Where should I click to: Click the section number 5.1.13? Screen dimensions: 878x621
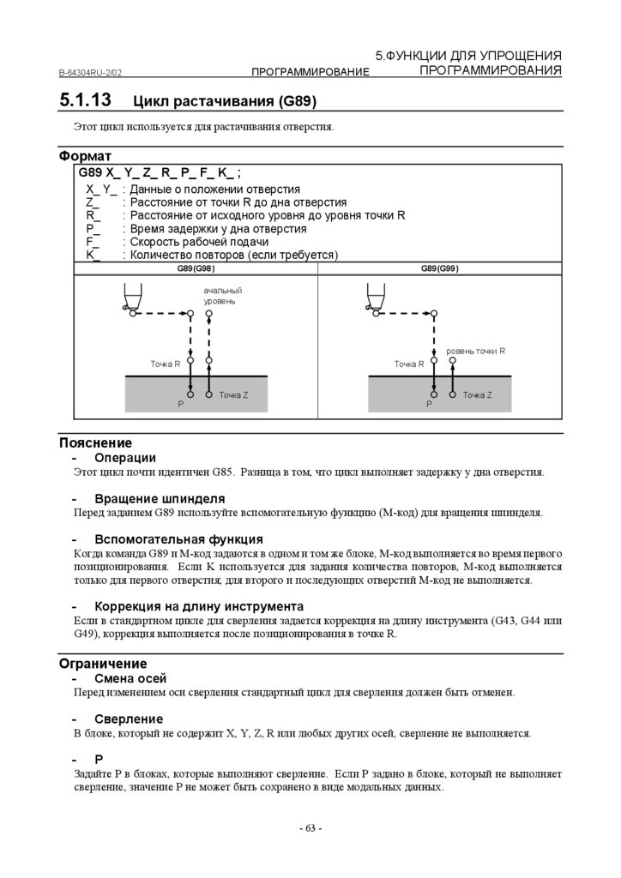[85, 99]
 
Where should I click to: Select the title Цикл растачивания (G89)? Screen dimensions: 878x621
[225, 101]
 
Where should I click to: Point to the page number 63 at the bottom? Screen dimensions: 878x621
[310, 828]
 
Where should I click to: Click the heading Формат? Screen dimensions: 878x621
[85, 157]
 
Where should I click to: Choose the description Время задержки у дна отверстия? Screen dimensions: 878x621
[218, 229]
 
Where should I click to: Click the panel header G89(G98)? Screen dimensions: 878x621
[196, 268]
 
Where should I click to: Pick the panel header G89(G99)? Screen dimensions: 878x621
[439, 268]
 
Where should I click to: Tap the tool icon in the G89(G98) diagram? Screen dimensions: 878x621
[129, 298]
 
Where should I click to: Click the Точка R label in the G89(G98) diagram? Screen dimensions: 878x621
[166, 364]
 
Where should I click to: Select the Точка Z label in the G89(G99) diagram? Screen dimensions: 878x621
[477, 394]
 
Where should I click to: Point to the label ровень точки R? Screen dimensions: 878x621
[476, 351]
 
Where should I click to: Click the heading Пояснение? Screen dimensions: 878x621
[95, 443]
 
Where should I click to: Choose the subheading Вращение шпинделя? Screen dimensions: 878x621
[160, 498]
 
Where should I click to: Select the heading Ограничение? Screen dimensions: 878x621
[102, 664]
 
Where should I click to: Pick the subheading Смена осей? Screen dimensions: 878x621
[130, 678]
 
